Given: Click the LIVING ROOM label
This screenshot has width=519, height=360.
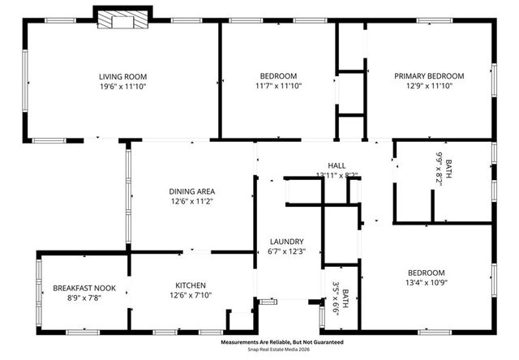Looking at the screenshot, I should (122, 75).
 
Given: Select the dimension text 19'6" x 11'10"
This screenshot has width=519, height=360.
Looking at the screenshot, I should (122, 86).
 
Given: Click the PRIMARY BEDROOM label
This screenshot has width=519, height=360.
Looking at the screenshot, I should (429, 75).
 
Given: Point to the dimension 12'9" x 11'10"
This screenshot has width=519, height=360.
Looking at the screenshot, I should (429, 86).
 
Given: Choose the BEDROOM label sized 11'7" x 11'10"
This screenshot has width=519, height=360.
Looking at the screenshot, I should (277, 75).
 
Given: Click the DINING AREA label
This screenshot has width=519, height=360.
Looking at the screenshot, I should (192, 191).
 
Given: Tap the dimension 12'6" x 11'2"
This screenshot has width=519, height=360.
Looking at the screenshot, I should (192, 201).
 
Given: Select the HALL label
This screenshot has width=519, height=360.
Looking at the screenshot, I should (337, 165).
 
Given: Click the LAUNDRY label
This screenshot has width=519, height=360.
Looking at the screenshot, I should (287, 241).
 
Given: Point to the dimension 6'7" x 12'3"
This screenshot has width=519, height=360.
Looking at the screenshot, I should (287, 251).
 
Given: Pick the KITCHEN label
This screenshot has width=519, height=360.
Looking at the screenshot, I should (192, 285).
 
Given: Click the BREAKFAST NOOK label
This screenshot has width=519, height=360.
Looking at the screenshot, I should (83, 288).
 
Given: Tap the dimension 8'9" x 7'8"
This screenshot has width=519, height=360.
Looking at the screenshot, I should (83, 298).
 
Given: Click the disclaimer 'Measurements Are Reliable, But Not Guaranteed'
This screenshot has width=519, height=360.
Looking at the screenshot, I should (281, 342).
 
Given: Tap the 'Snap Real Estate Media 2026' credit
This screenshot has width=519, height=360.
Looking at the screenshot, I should (281, 350).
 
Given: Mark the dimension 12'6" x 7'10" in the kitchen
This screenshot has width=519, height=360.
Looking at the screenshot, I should (192, 296).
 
